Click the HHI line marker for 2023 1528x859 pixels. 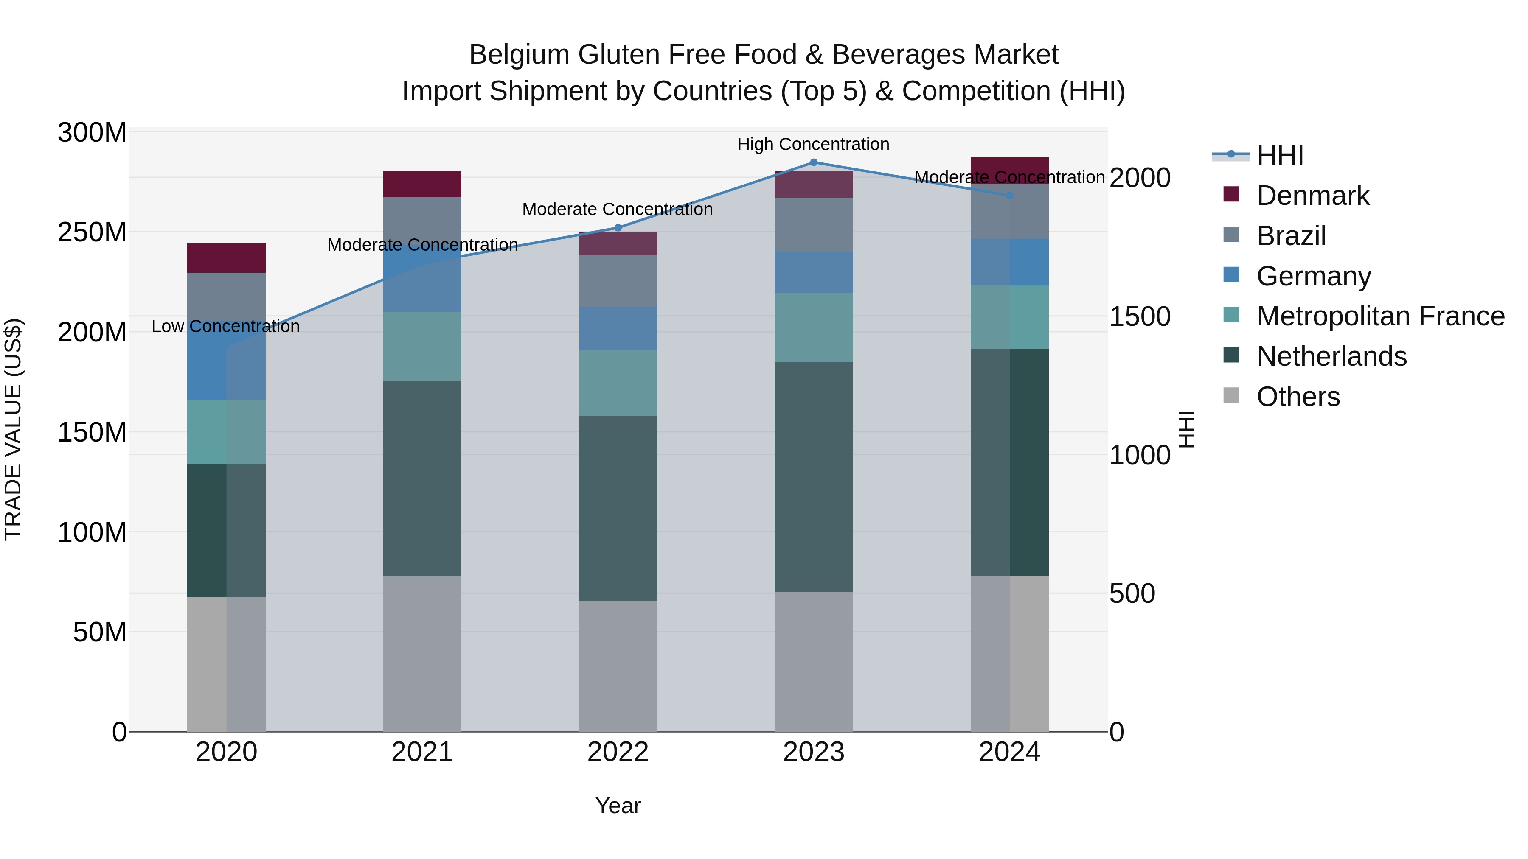coord(813,162)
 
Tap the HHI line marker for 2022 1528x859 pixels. coord(618,228)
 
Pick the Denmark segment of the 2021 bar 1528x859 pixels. coord(422,184)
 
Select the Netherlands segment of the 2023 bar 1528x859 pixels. coord(813,477)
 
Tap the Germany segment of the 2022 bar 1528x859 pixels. coord(618,328)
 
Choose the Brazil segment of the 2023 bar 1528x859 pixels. coord(813,225)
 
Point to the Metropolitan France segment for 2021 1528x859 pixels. coord(422,346)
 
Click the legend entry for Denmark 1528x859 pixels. coord(1313,196)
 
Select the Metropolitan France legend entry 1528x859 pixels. coord(1380,316)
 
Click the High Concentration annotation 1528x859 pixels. coord(813,144)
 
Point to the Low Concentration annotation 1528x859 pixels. coord(225,326)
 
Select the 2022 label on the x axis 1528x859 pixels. coord(618,752)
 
